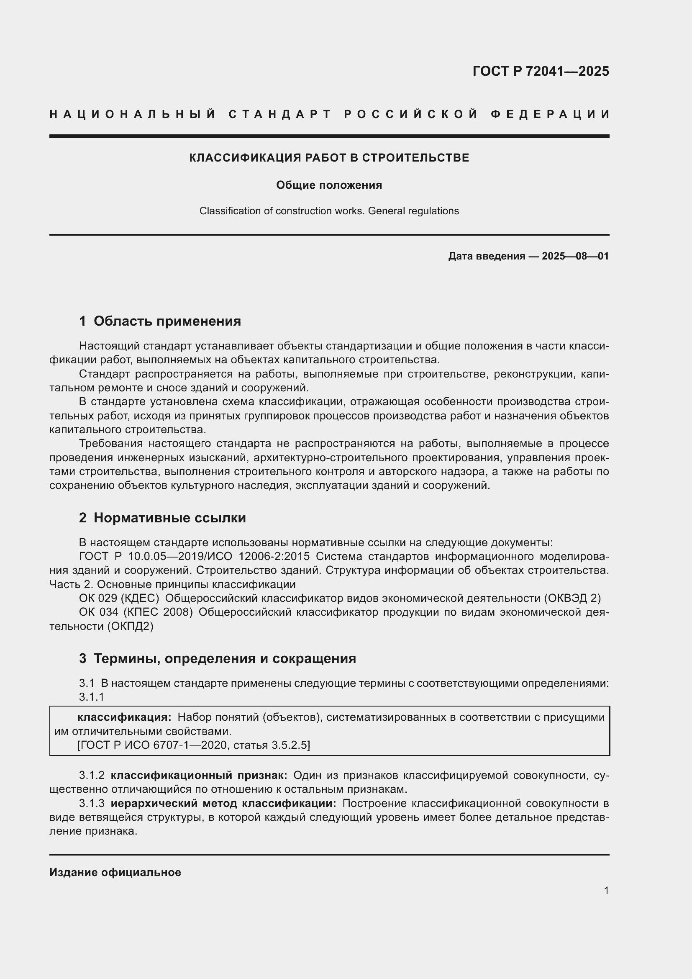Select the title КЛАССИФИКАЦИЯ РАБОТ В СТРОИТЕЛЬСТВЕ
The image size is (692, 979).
coord(329,158)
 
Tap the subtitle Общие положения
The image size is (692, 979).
coord(329,185)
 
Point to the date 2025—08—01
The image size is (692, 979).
coord(575,256)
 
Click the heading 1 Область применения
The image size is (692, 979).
coord(160,321)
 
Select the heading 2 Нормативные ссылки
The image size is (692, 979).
coord(162,518)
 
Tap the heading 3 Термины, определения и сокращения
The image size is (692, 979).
coord(217,659)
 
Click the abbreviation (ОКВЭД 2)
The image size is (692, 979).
coord(572,599)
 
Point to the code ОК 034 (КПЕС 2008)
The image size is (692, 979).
coord(136,612)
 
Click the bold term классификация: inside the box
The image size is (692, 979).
coord(124,717)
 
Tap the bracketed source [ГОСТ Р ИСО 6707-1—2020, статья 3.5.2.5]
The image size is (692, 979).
coord(193,745)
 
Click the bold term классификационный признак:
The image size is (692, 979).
coord(199,775)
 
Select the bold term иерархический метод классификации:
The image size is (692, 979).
coord(223,803)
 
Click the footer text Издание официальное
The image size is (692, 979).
coord(115,872)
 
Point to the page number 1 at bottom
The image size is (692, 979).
coord(606,891)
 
